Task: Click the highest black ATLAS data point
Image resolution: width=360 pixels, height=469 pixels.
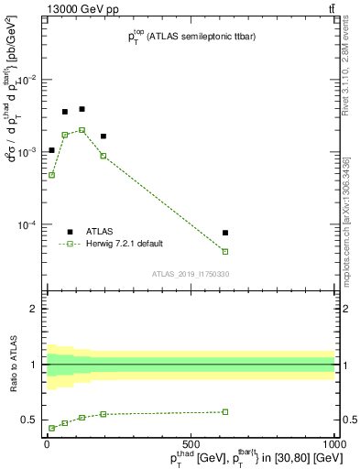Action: coord(82,109)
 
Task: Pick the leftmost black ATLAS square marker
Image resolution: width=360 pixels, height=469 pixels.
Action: coord(51,150)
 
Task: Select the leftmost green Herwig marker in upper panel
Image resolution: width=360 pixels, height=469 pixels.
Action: coord(51,174)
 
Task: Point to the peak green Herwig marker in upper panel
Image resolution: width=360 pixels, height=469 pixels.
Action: coord(82,130)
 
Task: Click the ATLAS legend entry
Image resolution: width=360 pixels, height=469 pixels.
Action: coord(92,232)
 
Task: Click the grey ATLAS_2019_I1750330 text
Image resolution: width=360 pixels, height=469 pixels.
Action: coord(191,274)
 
